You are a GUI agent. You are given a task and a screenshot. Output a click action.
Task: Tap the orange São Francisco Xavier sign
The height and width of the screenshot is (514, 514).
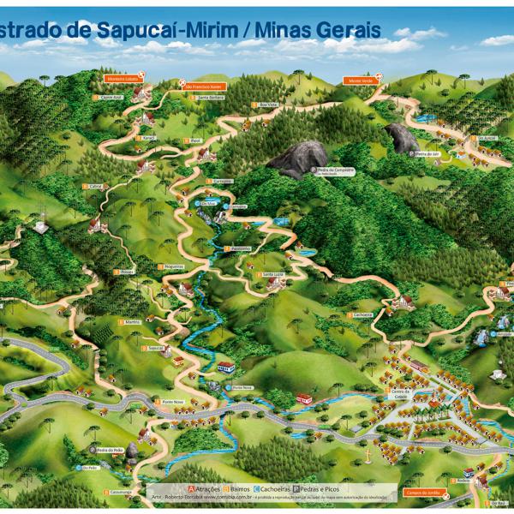[203, 87]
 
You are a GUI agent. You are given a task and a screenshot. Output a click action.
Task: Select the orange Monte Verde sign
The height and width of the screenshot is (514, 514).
[362, 80]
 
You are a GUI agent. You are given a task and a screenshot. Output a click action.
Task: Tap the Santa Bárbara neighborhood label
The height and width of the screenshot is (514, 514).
[210, 99]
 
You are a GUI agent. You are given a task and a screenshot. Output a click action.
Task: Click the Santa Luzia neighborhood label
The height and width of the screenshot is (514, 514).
[272, 274]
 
